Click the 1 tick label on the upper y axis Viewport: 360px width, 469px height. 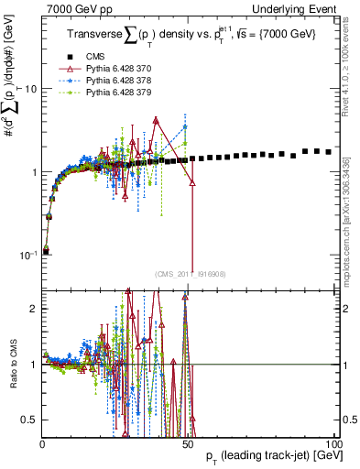click(35, 172)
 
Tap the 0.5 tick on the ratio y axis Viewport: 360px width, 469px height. click(32, 420)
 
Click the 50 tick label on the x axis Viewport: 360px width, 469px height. click(189, 444)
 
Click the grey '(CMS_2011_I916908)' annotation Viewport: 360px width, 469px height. click(190, 274)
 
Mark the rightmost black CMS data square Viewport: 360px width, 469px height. click(329, 151)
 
